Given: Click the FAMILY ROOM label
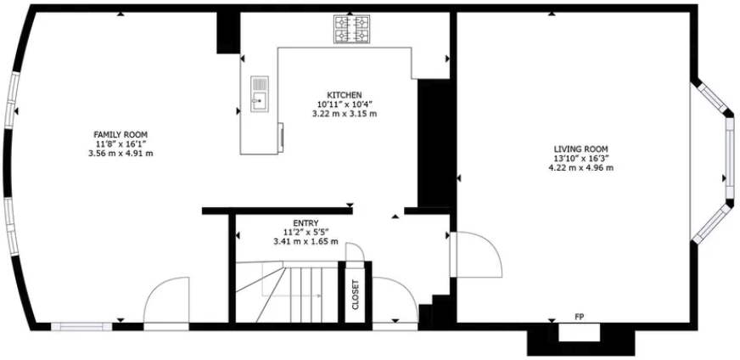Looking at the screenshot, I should click(121, 134).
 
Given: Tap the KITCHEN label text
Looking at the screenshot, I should click(345, 94).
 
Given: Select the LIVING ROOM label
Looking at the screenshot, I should click(580, 148).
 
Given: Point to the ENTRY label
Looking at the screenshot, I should click(306, 222).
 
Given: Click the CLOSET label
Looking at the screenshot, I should click(355, 295).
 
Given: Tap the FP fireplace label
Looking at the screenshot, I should click(580, 317).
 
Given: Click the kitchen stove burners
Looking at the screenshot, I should click(350, 29).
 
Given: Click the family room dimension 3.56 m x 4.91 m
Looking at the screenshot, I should click(121, 154).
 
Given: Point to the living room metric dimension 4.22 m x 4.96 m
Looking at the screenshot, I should click(580, 168).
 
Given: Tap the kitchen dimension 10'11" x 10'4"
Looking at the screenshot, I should click(345, 104).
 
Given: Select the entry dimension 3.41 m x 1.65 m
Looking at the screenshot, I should click(306, 242).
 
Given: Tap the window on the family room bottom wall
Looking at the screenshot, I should click(81, 325).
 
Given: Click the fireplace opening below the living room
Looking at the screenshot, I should click(580, 333).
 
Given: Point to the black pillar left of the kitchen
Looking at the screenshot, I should click(227, 31).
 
